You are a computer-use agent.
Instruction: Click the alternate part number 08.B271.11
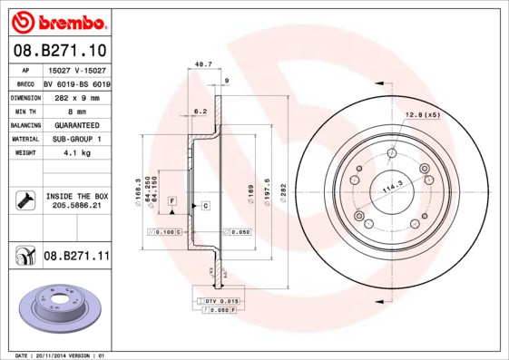click(x=76, y=257)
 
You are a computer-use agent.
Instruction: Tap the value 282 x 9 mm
click(x=76, y=97)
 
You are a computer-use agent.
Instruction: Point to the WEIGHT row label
click(x=24, y=153)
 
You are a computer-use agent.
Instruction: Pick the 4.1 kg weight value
click(x=76, y=153)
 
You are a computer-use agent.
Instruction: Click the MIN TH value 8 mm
click(x=76, y=111)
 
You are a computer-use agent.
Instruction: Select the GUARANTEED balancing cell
click(x=76, y=125)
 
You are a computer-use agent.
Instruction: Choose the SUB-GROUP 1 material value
click(x=76, y=139)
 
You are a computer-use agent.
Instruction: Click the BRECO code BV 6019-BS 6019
click(x=76, y=83)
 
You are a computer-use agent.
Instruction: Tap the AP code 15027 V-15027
click(x=76, y=69)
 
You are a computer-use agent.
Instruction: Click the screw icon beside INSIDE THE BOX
click(x=24, y=200)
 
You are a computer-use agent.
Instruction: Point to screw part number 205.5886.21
click(x=76, y=206)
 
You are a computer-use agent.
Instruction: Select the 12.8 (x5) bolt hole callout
click(x=422, y=114)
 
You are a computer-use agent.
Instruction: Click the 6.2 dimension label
click(x=201, y=111)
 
